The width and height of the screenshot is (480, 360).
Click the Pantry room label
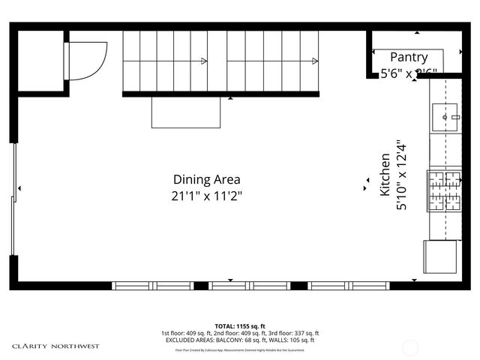[x=409, y=57]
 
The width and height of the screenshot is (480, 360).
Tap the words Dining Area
[x=206, y=179]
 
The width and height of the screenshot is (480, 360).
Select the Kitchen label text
[x=384, y=174]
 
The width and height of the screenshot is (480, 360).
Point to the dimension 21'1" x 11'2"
[x=206, y=196]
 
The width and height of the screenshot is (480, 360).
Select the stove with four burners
[x=444, y=190]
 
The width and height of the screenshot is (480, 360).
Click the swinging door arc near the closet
[x=85, y=58]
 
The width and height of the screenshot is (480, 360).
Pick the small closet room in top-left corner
[x=40, y=60]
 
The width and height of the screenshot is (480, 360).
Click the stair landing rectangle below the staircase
[x=186, y=112]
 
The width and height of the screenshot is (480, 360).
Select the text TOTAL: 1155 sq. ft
[x=239, y=326]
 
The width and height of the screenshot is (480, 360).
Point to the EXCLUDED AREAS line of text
[x=239, y=340]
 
